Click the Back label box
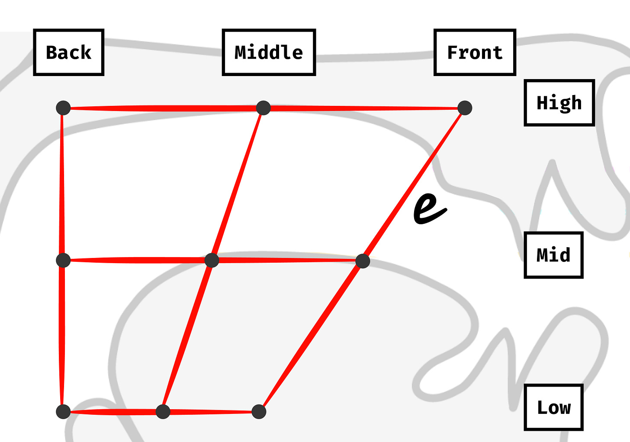(x=68, y=52)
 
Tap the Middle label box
(x=268, y=52)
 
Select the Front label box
(x=475, y=52)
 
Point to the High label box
(x=559, y=103)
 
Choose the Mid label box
(x=553, y=255)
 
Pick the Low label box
(x=553, y=407)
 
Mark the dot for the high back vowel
(x=63, y=108)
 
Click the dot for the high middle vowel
(x=264, y=108)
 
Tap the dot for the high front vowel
(x=465, y=108)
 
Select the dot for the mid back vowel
(x=63, y=260)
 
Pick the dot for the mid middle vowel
(x=212, y=260)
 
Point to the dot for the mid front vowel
(x=363, y=261)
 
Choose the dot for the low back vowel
(x=63, y=411)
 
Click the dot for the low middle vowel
(x=163, y=411)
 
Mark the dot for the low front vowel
(x=259, y=411)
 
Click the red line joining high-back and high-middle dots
(x=163, y=108)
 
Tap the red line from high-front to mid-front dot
(x=414, y=184)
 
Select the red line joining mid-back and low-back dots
(x=63, y=336)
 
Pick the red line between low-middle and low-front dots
(x=211, y=412)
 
